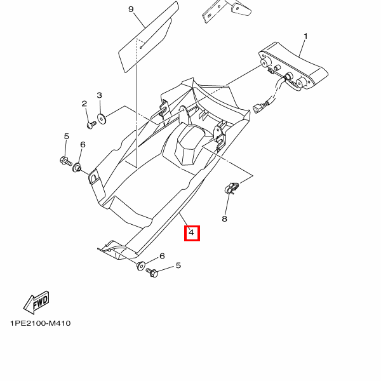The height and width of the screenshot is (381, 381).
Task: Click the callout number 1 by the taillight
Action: [305, 36]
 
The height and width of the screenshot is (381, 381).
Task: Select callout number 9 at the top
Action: [131, 10]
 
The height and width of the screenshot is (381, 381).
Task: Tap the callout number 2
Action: [84, 104]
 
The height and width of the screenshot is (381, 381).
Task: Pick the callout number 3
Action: [100, 95]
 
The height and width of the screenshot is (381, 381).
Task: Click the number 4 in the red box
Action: [192, 232]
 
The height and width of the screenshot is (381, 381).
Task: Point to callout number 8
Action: [225, 218]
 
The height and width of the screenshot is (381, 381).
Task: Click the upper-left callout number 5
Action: [66, 137]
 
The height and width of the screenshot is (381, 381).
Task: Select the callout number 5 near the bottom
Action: [178, 265]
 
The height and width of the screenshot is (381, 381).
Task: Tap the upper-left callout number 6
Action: [83, 145]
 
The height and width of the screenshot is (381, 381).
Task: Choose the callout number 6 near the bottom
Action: [162, 256]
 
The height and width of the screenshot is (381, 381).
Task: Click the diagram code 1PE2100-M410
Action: [41, 323]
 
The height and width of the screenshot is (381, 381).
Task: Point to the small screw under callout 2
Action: [91, 125]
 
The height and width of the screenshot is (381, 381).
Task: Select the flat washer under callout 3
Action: [102, 118]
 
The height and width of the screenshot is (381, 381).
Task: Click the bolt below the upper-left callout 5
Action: [65, 161]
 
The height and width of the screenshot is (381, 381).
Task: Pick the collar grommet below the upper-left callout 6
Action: [77, 168]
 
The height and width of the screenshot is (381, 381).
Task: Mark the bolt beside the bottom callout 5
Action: [152, 272]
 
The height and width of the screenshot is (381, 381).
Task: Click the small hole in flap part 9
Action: [141, 48]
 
